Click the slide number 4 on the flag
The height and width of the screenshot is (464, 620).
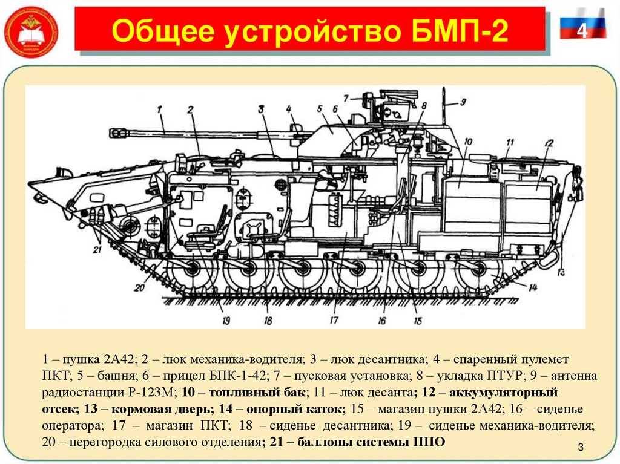582,30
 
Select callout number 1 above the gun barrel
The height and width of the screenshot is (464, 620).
160,109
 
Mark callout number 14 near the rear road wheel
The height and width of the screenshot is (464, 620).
532,287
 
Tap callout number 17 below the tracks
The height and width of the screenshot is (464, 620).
333,321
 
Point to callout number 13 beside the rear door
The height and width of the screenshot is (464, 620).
561,271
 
